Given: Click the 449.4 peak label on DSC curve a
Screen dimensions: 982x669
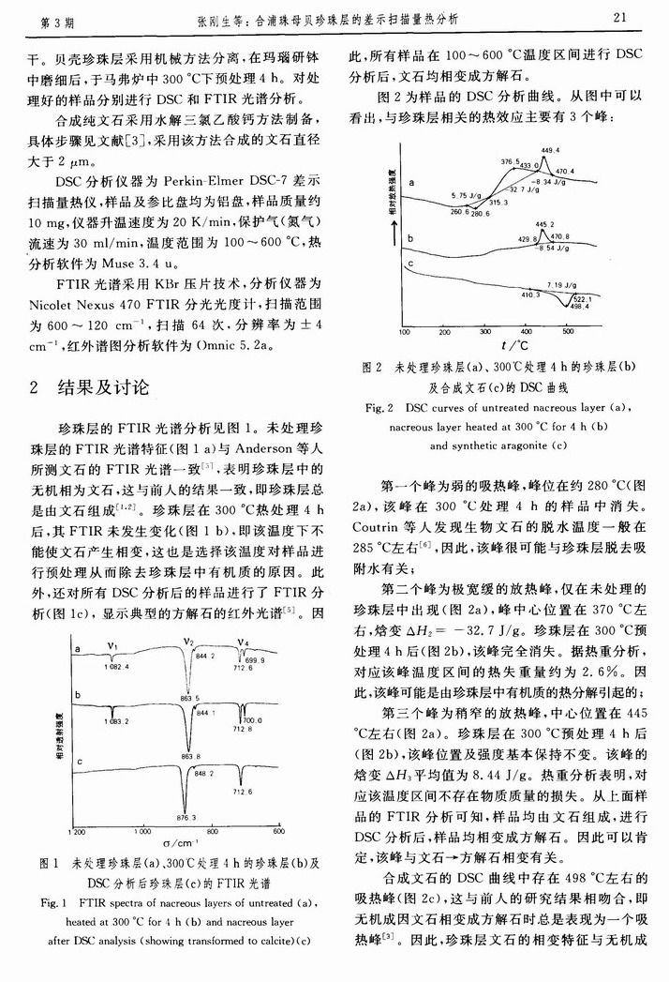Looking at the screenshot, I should pos(550,151).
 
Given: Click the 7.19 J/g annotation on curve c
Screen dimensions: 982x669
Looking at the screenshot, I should pos(558,283).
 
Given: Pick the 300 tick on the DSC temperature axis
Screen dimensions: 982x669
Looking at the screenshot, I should pos(485,332).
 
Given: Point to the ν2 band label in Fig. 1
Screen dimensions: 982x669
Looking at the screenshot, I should pos(187,642).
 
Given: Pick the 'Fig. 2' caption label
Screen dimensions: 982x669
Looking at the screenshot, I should pos(377,409).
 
